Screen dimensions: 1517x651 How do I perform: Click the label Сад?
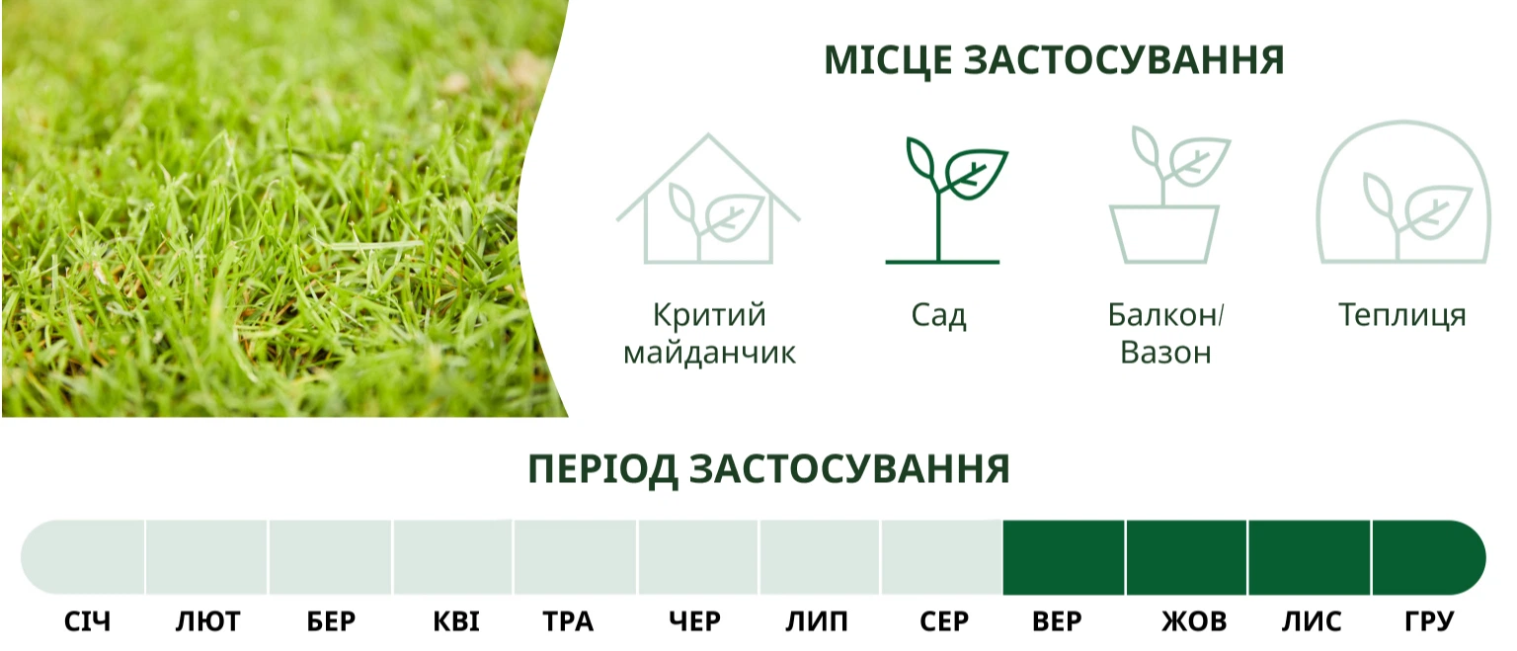click(938, 316)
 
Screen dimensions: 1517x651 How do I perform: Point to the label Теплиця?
click(1402, 316)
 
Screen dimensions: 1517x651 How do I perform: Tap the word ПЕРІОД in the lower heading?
click(602, 469)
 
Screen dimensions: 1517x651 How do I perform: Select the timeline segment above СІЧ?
click(83, 557)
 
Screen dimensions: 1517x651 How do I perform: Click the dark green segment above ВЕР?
click(1064, 557)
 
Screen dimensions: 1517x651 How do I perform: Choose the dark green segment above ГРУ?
click(1429, 557)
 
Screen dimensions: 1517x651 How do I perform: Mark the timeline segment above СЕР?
click(941, 557)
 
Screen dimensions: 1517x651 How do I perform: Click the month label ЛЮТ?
click(208, 621)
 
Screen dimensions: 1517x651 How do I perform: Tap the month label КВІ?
click(455, 621)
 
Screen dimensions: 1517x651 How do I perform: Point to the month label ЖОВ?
click(1194, 621)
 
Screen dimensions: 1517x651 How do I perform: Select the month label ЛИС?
click(1312, 621)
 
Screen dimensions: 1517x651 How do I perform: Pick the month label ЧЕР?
click(695, 621)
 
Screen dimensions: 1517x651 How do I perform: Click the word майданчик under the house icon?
click(709, 353)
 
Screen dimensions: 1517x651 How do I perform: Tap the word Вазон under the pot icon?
click(1165, 353)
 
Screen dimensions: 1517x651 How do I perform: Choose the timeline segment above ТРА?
click(574, 557)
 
